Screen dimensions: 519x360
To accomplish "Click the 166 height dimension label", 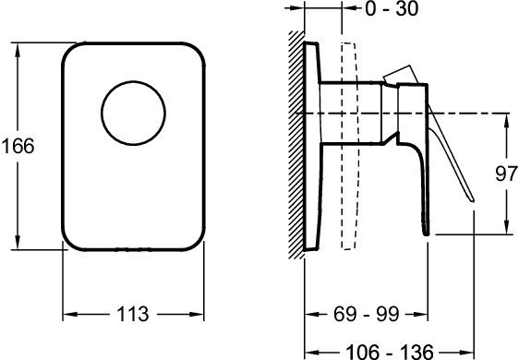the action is [18, 146].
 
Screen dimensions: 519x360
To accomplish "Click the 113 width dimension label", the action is [133, 314].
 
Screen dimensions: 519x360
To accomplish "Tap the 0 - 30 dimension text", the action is [392, 8].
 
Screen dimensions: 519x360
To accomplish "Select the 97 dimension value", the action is [506, 174].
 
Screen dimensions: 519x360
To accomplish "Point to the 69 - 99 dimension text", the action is [367, 314].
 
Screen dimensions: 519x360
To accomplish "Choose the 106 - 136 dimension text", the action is [390, 351].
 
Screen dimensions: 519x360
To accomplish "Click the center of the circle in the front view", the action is [133, 114].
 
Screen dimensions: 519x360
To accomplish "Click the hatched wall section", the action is [296, 145].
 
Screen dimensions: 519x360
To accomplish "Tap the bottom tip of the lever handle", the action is [473, 200].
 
